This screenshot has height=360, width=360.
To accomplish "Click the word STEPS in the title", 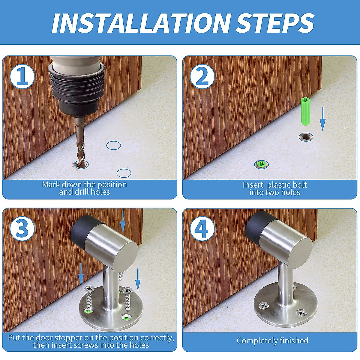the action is point(274,23).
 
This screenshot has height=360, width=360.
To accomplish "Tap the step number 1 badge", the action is point(22,76).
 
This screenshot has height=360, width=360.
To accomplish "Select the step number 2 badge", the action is point(202,76).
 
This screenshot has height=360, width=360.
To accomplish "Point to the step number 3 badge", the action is point(22,228).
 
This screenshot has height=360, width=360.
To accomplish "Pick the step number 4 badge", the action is point(202,228).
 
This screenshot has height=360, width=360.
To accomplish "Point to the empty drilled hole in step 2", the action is point(306,137).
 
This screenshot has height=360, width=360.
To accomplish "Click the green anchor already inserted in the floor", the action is point(261,164).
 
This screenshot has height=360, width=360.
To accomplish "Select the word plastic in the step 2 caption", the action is point(287,185).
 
